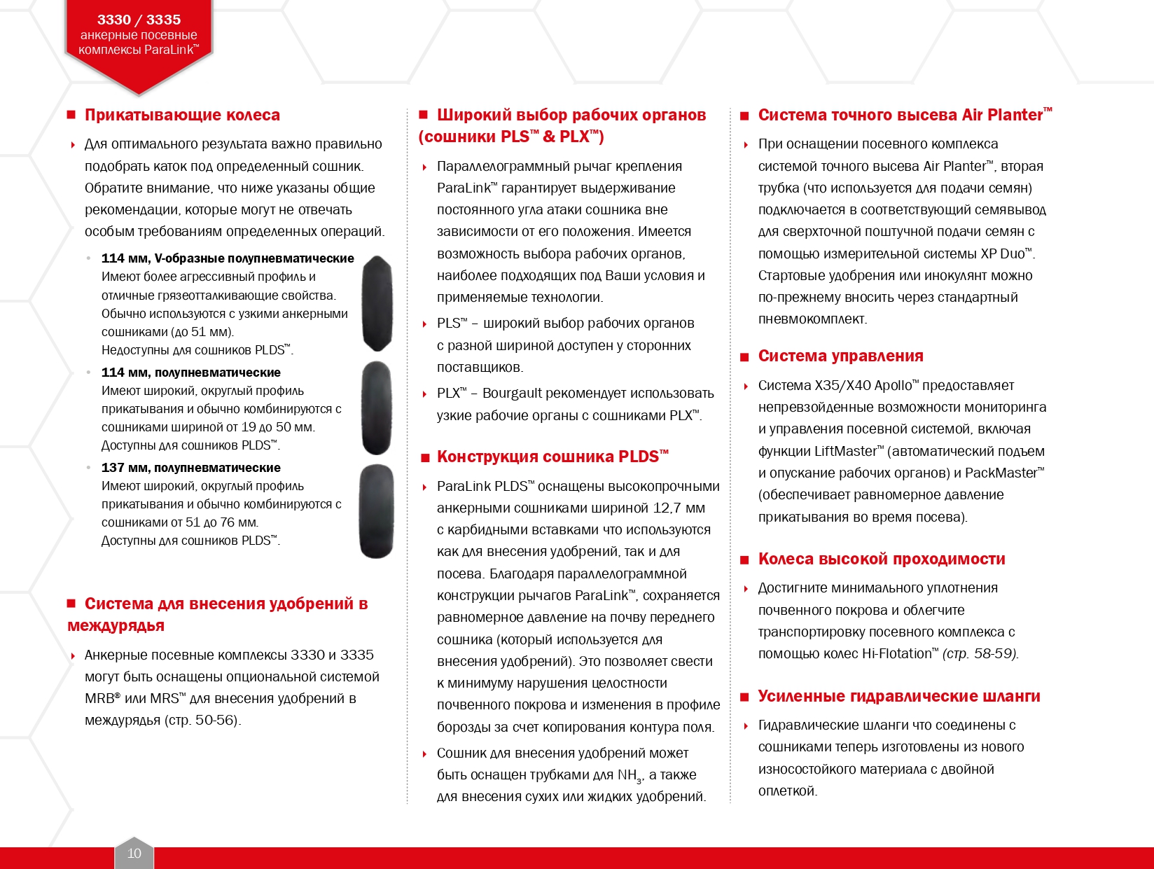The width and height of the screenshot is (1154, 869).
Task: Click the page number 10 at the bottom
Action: pyautogui.click(x=134, y=853)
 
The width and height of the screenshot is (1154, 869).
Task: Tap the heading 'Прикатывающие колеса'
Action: pyautogui.click(x=182, y=115)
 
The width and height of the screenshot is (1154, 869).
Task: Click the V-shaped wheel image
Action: pyautogui.click(x=377, y=303)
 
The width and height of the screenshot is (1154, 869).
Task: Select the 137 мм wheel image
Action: pyautogui.click(x=376, y=511)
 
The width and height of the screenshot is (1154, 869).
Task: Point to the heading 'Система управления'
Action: pyautogui.click(x=840, y=356)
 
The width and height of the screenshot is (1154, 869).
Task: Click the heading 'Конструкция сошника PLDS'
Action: pyautogui.click(x=552, y=457)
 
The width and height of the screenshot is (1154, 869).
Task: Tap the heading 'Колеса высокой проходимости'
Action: pyautogui.click(x=882, y=559)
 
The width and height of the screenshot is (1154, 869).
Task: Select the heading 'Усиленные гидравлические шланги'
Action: pyautogui.click(x=899, y=696)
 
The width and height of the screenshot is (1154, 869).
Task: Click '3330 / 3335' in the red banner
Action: pyautogui.click(x=139, y=20)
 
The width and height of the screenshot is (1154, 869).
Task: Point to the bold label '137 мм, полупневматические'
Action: pyautogui.click(x=190, y=468)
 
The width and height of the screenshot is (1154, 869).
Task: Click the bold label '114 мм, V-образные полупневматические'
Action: pyautogui.click(x=228, y=258)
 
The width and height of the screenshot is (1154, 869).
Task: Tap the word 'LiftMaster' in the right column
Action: pyautogui.click(x=845, y=452)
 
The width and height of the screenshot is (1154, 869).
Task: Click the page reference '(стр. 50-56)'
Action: pyautogui.click(x=202, y=721)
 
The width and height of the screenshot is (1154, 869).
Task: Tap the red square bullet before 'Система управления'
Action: pyautogui.click(x=744, y=357)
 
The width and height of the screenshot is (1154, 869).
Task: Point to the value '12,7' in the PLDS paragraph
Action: pyautogui.click(x=667, y=508)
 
